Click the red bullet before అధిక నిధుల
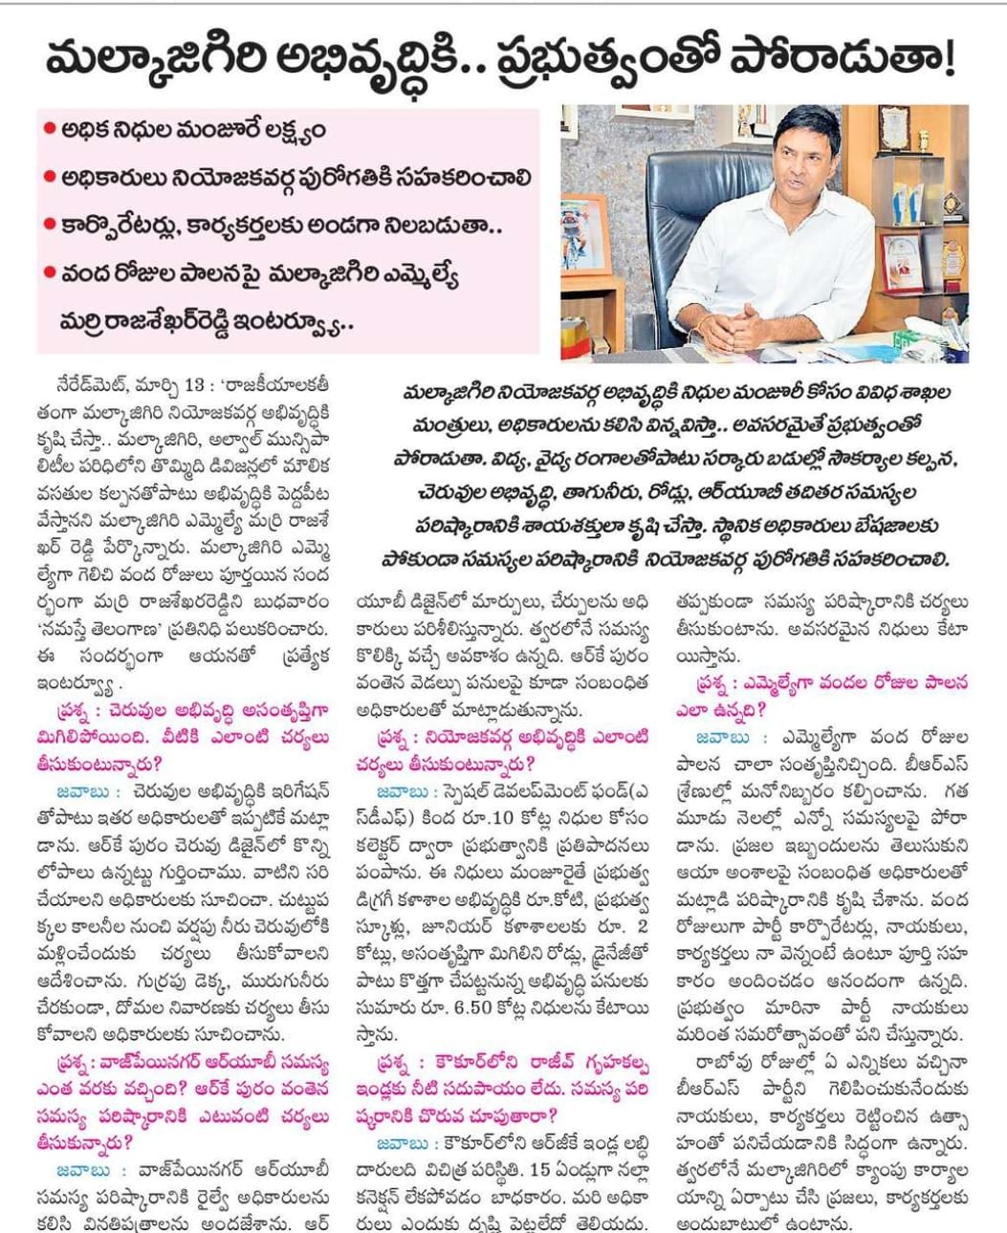pos(49,130)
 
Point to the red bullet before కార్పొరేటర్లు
pos(49,227)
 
